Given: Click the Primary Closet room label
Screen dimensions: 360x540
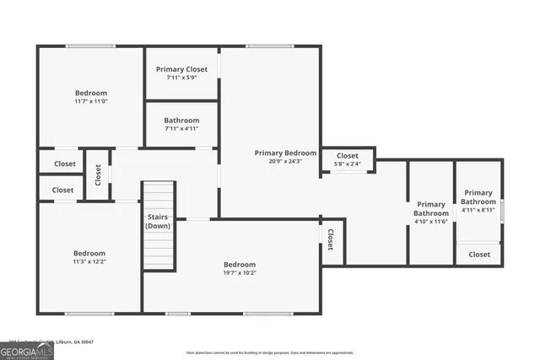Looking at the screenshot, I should pyautogui.click(x=181, y=69).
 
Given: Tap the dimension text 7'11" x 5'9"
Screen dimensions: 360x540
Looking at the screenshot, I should pyautogui.click(x=181, y=78).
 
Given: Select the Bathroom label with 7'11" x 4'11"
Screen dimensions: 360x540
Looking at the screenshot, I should pyautogui.click(x=181, y=121).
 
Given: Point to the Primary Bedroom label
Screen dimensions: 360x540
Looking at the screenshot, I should pyautogui.click(x=286, y=153).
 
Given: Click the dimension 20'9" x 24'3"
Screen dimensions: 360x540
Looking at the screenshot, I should pyautogui.click(x=286, y=162).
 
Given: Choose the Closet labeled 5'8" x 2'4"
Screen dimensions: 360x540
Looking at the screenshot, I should pyautogui.click(x=348, y=156).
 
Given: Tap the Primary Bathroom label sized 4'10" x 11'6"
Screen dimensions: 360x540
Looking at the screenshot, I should pyautogui.click(x=431, y=208).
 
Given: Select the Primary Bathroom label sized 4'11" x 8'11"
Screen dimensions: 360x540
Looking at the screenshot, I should pyautogui.click(x=478, y=197).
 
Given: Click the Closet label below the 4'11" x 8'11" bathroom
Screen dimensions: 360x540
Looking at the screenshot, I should pyautogui.click(x=479, y=254).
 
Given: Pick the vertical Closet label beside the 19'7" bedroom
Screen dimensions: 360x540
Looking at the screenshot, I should pyautogui.click(x=331, y=240).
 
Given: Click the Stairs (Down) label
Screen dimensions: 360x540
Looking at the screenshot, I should pyautogui.click(x=157, y=222).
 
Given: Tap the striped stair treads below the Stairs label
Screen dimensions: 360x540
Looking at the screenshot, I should pyautogui.click(x=158, y=251).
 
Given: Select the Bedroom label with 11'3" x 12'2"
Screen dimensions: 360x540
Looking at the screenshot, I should pyautogui.click(x=89, y=253).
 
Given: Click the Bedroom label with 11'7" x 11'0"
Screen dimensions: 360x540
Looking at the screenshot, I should pyautogui.click(x=91, y=93).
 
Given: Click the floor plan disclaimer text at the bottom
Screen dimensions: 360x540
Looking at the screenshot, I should pyautogui.click(x=270, y=352).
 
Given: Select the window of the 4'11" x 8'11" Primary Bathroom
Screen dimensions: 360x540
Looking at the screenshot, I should pyautogui.click(x=502, y=209).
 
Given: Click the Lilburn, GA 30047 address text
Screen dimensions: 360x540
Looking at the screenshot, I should pyautogui.click(x=76, y=341).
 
